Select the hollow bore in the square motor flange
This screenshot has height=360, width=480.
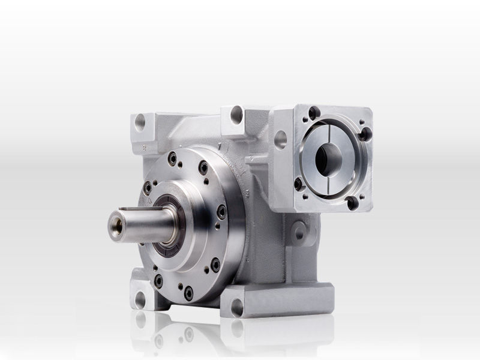pyautogui.click(x=329, y=157)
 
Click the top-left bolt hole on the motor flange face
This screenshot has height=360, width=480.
pyautogui.click(x=313, y=112)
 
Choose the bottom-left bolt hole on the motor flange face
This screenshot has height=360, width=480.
pyautogui.click(x=299, y=183)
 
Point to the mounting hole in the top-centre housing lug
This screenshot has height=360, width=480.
pyautogui.click(x=236, y=113)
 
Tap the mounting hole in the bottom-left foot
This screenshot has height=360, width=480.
pyautogui.click(x=140, y=298)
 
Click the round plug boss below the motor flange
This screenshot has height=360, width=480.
pyautogui.click(x=298, y=232)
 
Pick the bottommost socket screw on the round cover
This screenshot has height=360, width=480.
pyautogui.click(x=188, y=293)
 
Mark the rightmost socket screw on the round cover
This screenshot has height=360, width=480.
pyautogui.click(x=222, y=211)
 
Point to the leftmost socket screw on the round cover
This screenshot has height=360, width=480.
pyautogui.click(x=146, y=187)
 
